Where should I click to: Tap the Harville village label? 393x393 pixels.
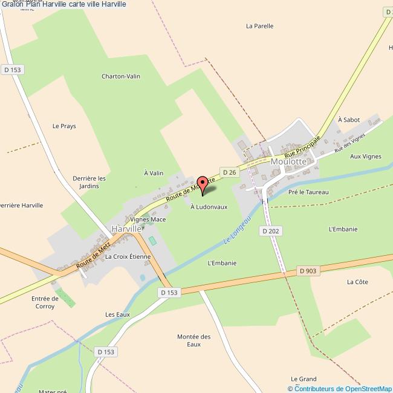[126, 229]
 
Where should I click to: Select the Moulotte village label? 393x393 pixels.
[290, 162]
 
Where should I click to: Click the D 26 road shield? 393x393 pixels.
[228, 172]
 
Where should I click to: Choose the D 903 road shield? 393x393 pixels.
[308, 271]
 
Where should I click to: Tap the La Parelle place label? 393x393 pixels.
[260, 26]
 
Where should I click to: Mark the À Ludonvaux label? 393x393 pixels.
[209, 207]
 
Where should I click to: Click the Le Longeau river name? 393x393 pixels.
[238, 232]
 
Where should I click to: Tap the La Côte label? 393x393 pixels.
[357, 282]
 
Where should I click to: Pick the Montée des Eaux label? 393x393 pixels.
[193, 340]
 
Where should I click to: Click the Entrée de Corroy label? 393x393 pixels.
[45, 302]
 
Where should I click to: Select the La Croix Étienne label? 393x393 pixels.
[128, 256]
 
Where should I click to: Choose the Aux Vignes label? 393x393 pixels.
[366, 156]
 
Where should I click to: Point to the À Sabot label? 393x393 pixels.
[349, 120]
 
